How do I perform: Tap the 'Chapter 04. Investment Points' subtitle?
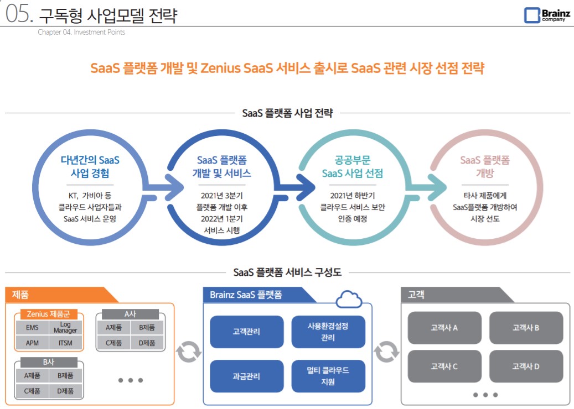coord(81,32)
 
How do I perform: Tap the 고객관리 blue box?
coord(246,332)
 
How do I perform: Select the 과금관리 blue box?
coord(246,376)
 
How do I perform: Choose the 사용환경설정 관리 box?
coord(328,332)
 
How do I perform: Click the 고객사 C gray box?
coord(444,366)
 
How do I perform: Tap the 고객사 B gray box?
coord(525,327)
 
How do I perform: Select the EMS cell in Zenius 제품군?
coord(32,328)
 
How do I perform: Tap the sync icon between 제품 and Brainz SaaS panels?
coord(188,352)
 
